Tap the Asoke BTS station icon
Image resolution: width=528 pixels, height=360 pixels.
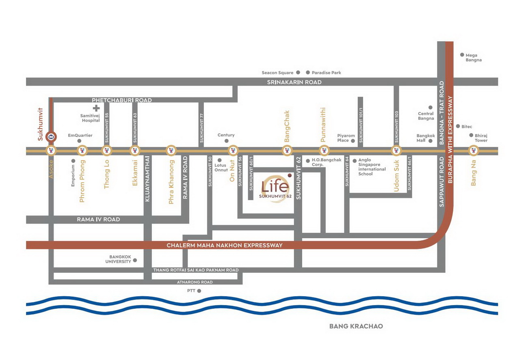(51, 151)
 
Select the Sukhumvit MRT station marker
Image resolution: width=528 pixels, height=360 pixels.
(51, 137)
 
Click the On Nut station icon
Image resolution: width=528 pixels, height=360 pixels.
(233, 151)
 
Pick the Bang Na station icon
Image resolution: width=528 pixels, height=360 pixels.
(473, 151)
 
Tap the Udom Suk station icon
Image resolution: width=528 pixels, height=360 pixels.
(396, 151)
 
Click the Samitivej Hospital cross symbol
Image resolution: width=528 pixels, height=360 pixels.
(96, 108)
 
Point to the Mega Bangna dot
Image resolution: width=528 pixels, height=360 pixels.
(462, 55)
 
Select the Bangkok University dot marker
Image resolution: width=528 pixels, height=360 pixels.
(135, 260)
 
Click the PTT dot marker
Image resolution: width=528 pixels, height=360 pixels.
(199, 291)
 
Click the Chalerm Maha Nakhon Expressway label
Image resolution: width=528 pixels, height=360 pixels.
(225, 245)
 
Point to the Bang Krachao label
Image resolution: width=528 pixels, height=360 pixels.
(356, 326)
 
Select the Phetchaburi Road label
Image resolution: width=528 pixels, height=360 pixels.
(122, 100)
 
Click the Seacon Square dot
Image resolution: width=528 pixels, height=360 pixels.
(298, 73)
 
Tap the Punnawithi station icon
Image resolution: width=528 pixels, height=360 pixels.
(324, 151)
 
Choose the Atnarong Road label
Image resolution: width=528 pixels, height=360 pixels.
(195, 282)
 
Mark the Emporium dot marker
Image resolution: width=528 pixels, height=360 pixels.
(74, 161)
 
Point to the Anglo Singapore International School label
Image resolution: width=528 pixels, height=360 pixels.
(372, 167)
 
